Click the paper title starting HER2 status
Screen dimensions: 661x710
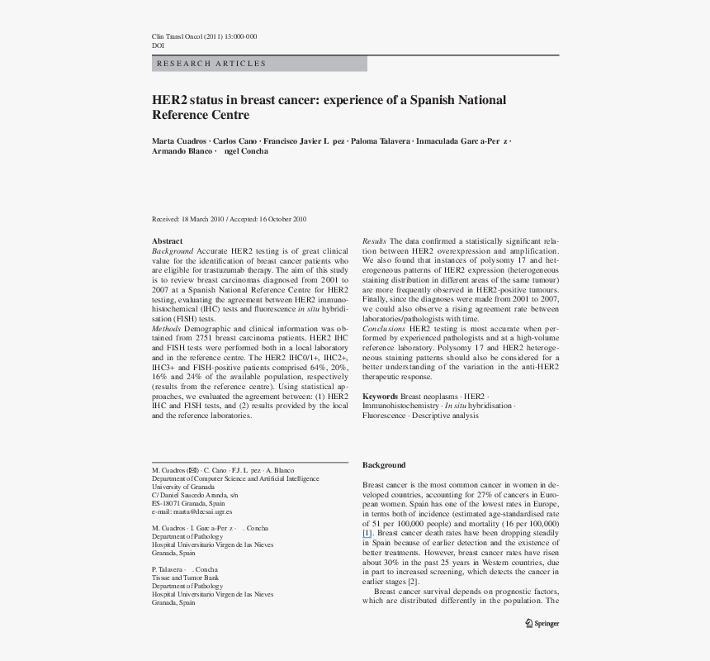329,107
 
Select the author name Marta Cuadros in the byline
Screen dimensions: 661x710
178,141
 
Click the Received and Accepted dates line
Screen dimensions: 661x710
229,219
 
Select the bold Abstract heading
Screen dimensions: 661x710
167,241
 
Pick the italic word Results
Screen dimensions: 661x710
374,241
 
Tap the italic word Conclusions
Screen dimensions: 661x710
384,329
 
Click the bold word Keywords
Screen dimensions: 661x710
381,397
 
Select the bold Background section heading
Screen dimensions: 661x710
384,465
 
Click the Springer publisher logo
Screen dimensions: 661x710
542,624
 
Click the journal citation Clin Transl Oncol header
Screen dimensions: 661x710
204,36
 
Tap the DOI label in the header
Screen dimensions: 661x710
158,46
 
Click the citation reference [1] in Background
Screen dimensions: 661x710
367,533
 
